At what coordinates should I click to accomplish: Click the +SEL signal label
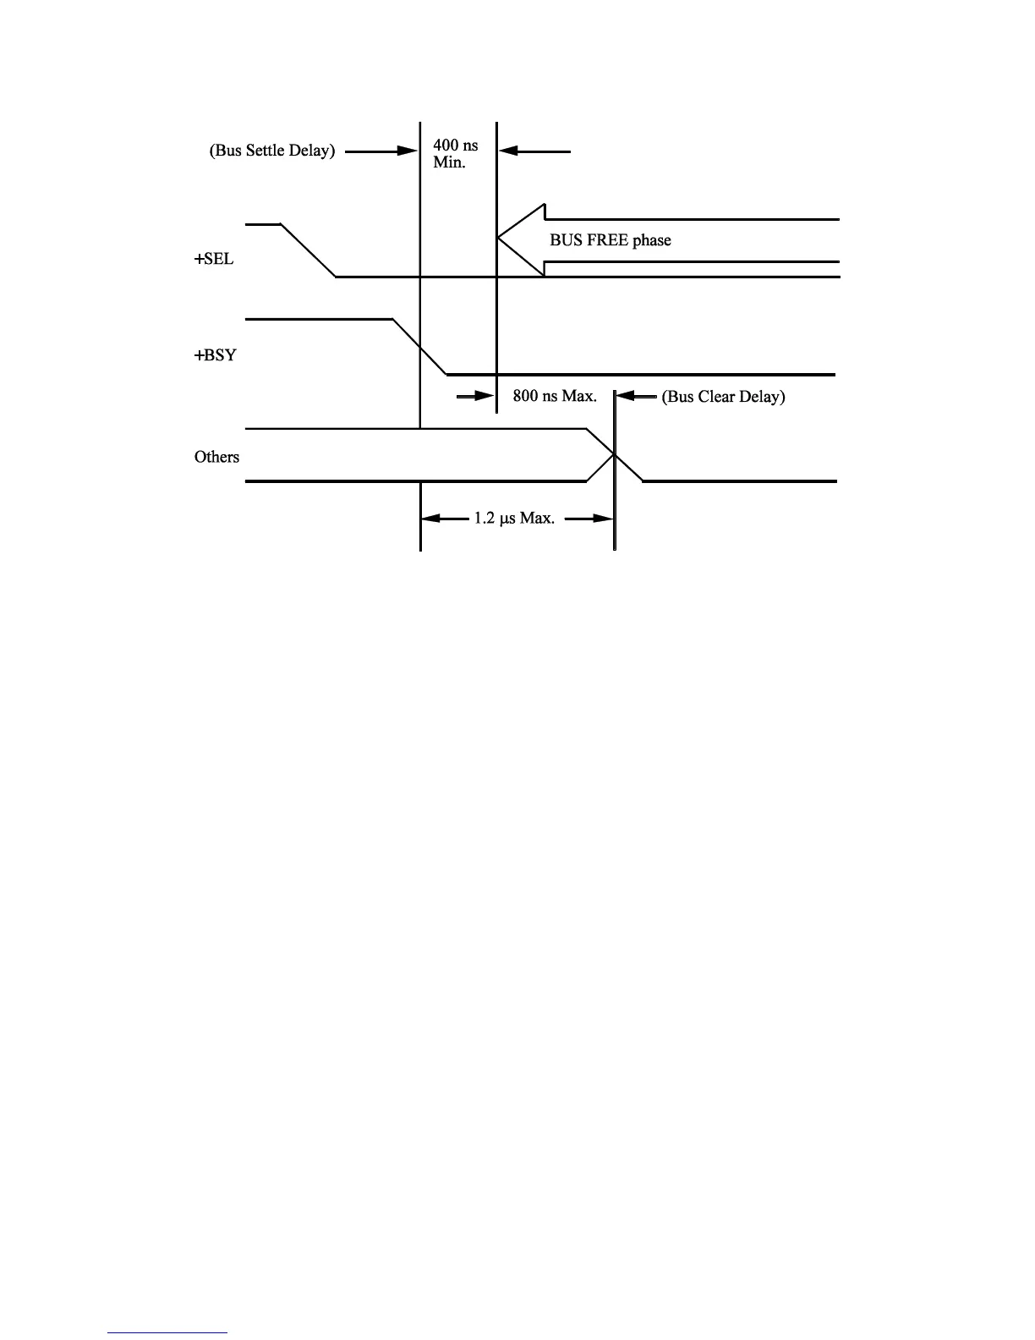click(214, 260)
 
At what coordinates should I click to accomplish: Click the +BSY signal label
click(215, 355)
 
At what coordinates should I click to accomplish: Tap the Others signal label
click(216, 457)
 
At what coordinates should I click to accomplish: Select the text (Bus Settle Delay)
click(272, 151)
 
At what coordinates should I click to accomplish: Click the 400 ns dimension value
click(455, 146)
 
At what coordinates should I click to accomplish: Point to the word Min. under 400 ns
click(449, 162)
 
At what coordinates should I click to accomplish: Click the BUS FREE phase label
click(610, 240)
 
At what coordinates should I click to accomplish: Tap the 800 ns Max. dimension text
click(555, 395)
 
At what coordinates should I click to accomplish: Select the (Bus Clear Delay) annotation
click(723, 396)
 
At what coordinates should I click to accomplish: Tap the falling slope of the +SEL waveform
click(309, 251)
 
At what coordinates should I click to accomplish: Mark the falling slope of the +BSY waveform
click(420, 347)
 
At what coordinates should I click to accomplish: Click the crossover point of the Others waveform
click(615, 456)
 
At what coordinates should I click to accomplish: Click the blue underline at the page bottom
click(167, 1332)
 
